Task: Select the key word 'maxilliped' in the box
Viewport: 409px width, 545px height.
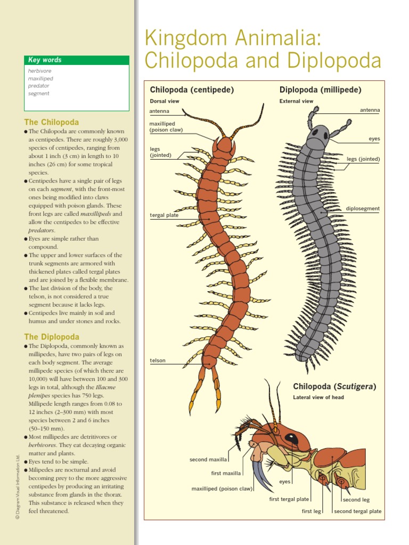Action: [40, 78]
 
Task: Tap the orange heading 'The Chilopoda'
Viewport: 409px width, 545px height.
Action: [52, 122]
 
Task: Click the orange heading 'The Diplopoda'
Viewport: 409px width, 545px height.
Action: [52, 337]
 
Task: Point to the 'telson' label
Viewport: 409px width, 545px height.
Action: [158, 361]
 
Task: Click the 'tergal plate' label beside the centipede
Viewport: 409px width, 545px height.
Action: [164, 216]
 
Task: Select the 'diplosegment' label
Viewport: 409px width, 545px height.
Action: [363, 209]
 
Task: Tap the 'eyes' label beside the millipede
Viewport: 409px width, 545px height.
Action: [374, 139]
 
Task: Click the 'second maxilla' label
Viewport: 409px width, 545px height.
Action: [208, 459]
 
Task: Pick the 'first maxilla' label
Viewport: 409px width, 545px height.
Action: [226, 473]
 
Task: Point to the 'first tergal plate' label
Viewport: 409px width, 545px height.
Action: [289, 499]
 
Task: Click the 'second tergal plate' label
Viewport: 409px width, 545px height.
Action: [358, 511]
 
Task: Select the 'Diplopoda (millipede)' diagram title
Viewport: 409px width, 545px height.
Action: [321, 90]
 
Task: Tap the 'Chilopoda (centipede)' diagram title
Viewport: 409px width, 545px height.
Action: [192, 90]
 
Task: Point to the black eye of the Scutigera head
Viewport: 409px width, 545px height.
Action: [291, 439]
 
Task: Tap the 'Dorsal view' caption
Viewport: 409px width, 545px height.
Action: [165, 101]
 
